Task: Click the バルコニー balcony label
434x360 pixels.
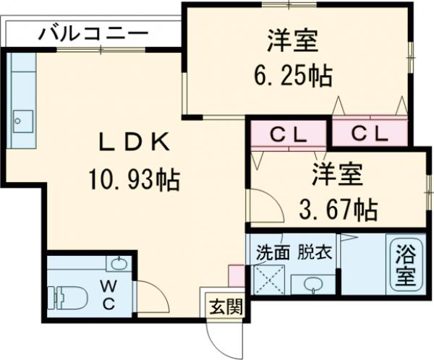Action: [93, 33]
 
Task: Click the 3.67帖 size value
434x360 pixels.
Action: [338, 211]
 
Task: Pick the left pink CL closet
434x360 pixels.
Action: [289, 134]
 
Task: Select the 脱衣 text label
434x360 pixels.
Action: [315, 252]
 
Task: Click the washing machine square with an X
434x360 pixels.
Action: [270, 281]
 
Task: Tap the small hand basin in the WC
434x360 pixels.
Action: [119, 263]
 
